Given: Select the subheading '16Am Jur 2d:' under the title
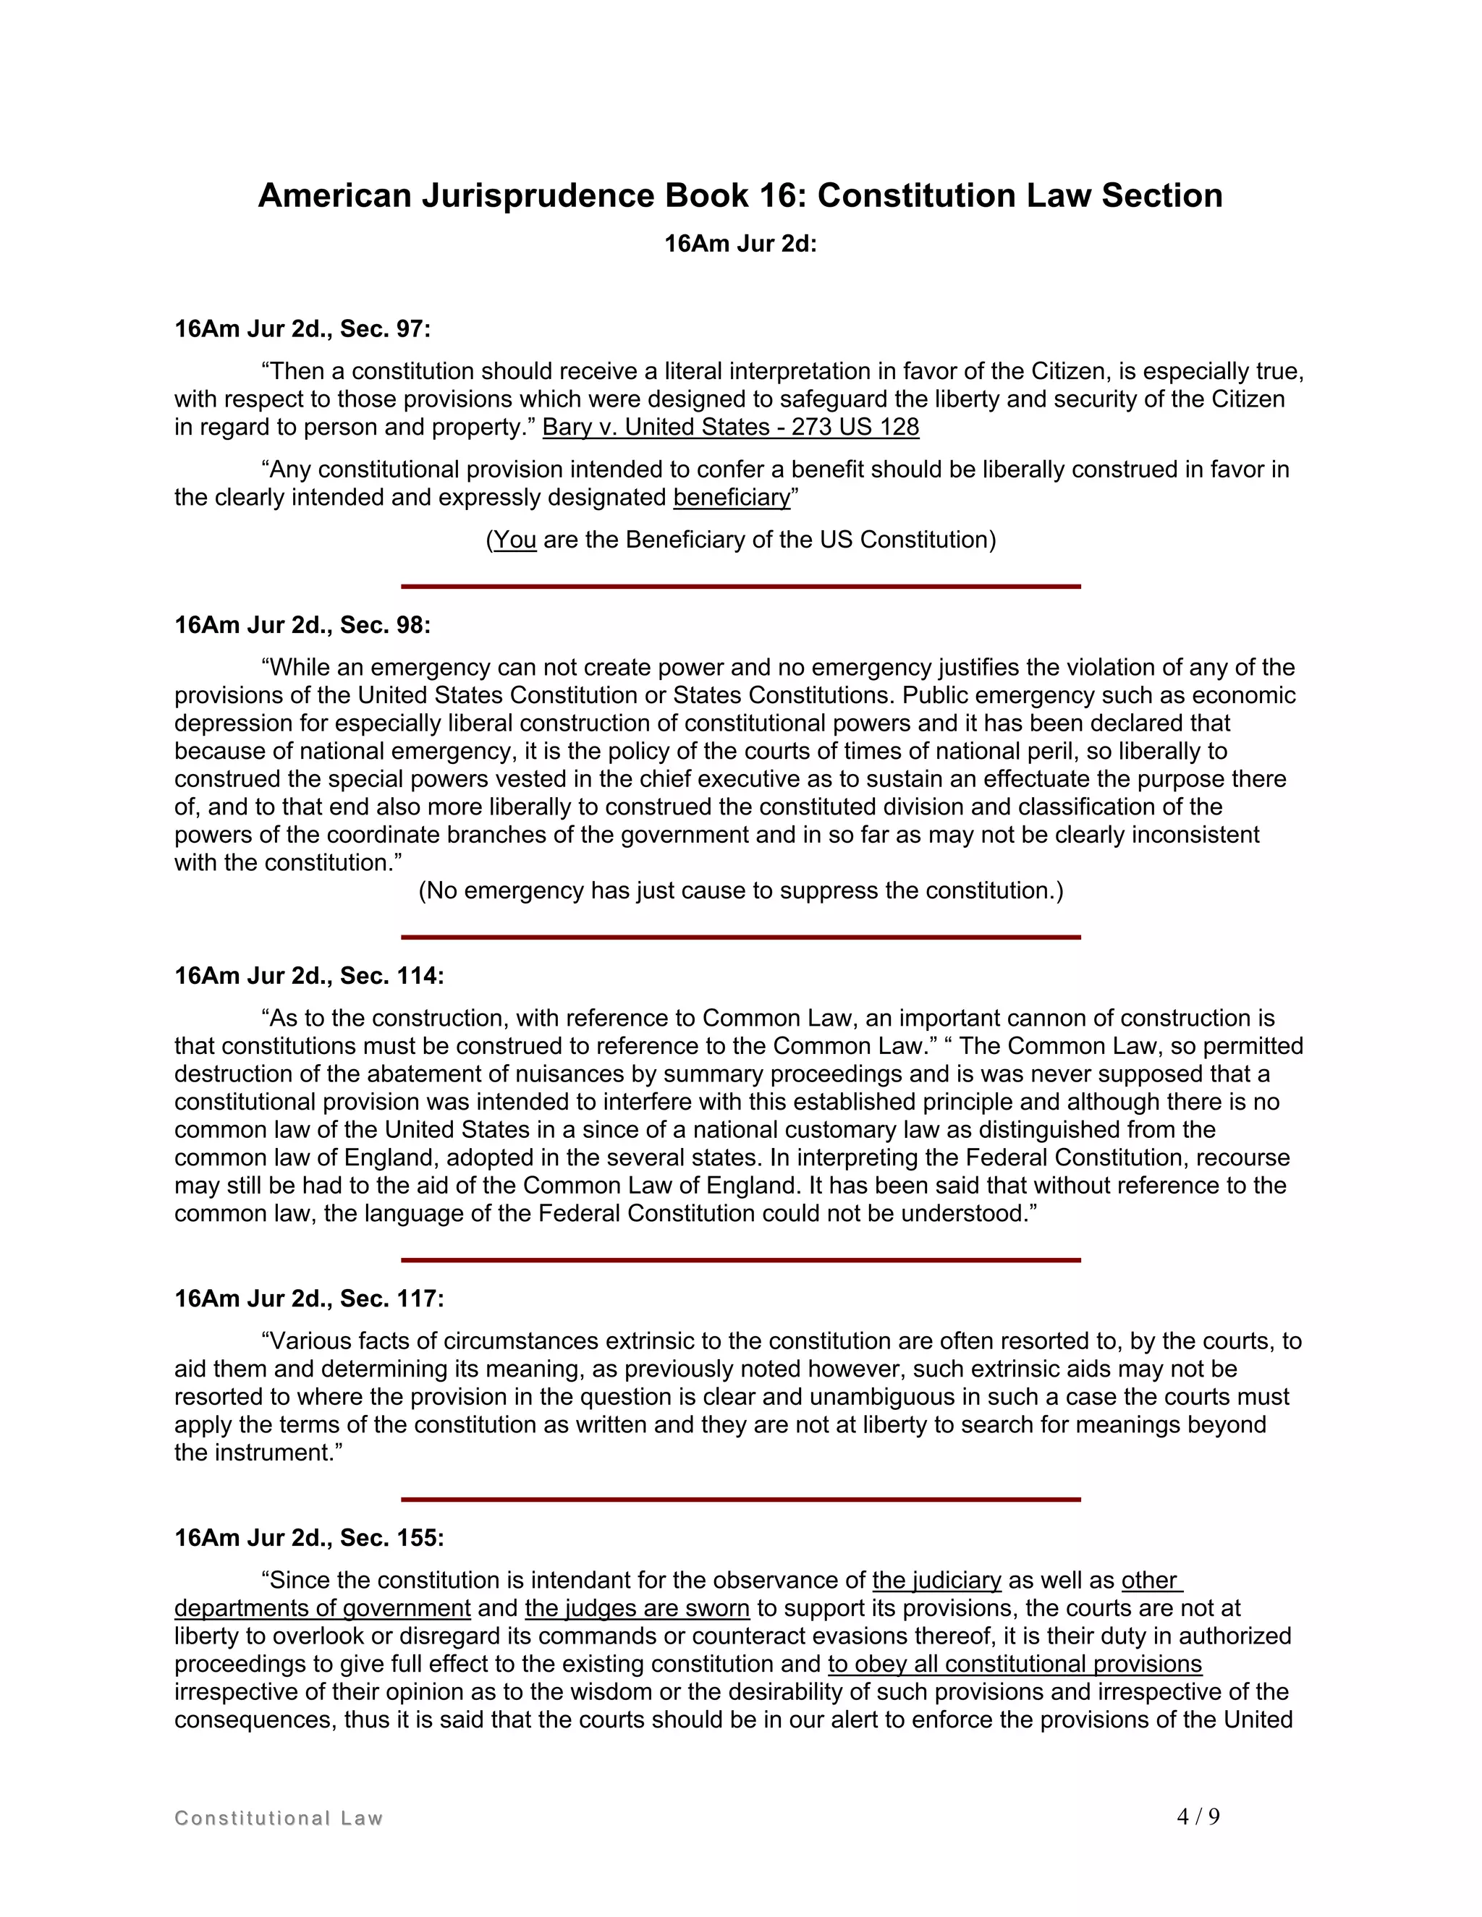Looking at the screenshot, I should tap(740, 244).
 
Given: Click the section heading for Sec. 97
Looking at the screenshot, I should tap(302, 329).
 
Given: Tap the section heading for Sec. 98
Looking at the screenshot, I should tap(302, 625).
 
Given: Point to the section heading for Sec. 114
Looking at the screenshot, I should tap(309, 976).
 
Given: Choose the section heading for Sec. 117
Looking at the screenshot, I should tap(309, 1299).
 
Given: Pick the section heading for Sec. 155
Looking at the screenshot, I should tap(309, 1538).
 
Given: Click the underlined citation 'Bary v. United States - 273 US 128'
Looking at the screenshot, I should tap(730, 428).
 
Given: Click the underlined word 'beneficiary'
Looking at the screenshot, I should tap(732, 498).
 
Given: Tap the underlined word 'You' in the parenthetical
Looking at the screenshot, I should tap(515, 540).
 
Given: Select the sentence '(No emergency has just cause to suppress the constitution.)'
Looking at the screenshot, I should tap(740, 891).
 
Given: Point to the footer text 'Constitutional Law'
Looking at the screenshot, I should tap(279, 1819).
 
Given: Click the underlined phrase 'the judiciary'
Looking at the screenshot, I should tap(936, 1581).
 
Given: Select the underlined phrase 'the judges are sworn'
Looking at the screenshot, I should tap(637, 1609).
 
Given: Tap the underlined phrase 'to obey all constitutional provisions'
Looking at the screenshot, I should tap(1014, 1665).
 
